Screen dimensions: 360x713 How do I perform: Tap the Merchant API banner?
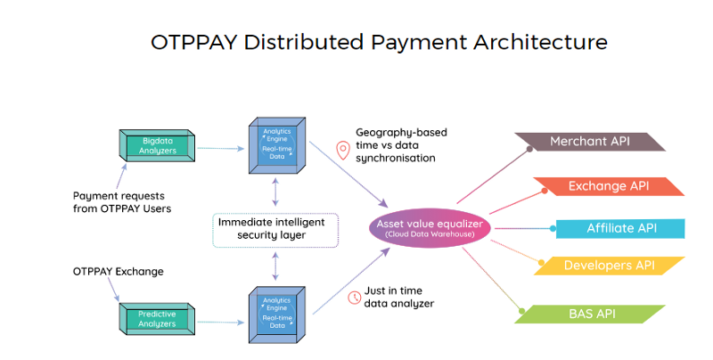tap(588, 142)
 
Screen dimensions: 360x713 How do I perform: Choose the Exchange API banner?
tap(608, 186)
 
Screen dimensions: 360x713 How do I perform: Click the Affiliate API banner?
tap(620, 228)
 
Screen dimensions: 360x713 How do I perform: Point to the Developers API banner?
tap(611, 266)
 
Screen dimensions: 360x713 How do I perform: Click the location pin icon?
tap(342, 150)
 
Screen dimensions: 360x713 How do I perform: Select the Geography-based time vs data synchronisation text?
tap(400, 144)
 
